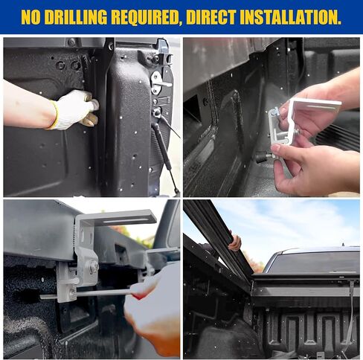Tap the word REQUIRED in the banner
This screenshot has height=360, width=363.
pyautogui.click(x=145, y=17)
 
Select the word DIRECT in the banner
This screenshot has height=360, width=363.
pyautogui.click(x=211, y=17)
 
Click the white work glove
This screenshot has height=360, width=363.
pyautogui.click(x=76, y=109)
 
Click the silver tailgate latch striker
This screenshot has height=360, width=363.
pyautogui.click(x=160, y=83)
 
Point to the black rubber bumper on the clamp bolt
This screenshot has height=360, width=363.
pyautogui.click(x=262, y=158)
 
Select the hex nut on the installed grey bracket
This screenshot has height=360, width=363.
pyautogui.click(x=94, y=267)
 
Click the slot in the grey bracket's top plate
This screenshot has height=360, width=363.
pyautogui.click(x=124, y=220)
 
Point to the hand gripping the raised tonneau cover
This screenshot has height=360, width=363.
pyautogui.click(x=234, y=242)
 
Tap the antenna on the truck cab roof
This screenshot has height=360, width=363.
pyautogui.click(x=343, y=245)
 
